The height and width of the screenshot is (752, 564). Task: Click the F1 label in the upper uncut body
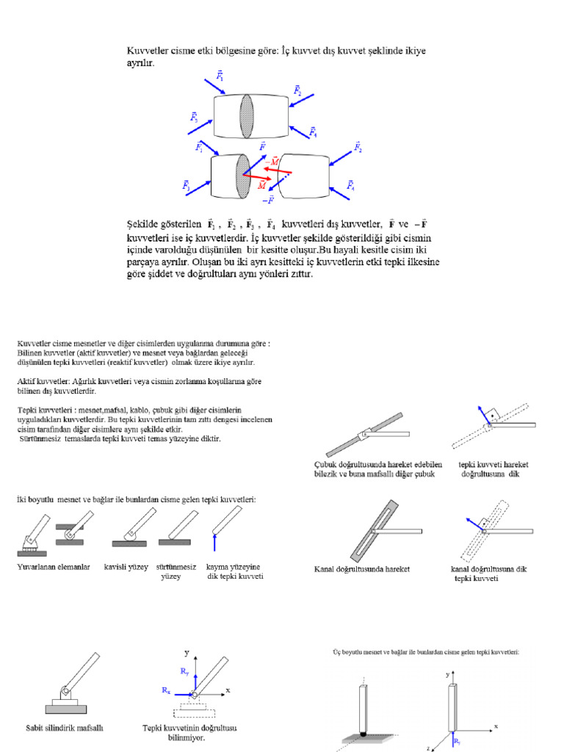[220, 75]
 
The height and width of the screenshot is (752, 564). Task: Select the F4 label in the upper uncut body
[314, 132]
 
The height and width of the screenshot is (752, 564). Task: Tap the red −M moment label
[273, 161]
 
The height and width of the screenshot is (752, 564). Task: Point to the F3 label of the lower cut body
[187, 187]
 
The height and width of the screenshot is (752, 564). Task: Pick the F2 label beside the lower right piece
[358, 148]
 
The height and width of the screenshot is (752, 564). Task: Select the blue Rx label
[167, 691]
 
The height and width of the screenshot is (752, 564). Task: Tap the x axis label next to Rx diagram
[228, 690]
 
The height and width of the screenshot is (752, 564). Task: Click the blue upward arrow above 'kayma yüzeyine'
[214, 542]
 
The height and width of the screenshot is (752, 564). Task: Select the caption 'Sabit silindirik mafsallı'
[65, 728]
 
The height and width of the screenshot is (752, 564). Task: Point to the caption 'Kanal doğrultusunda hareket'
[361, 569]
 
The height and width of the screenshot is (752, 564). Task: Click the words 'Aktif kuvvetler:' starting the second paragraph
[42, 381]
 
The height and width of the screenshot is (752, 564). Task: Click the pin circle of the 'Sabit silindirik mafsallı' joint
[65, 692]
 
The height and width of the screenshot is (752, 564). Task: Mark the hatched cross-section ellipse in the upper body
[247, 115]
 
